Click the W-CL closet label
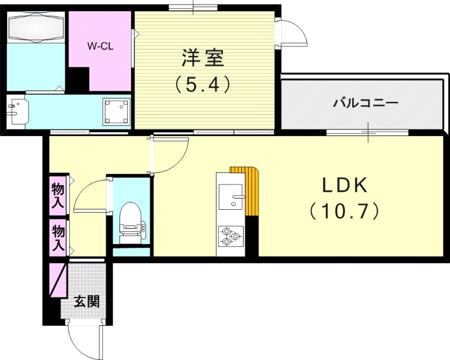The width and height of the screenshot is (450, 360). coord(101,47)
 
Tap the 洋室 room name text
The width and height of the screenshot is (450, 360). coord(202,58)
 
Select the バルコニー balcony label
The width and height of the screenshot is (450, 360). coord(366,103)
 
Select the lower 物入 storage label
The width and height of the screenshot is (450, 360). coord(58,236)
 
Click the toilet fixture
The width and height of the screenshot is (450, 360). coord(130,221)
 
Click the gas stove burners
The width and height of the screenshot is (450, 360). coord(231,236)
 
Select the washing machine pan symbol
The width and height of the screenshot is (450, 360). coord(116,111)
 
